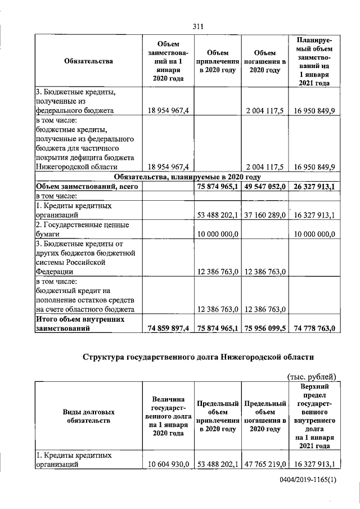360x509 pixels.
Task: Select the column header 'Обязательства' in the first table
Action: click(85, 62)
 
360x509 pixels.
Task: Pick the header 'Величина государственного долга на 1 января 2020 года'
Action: click(168, 416)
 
